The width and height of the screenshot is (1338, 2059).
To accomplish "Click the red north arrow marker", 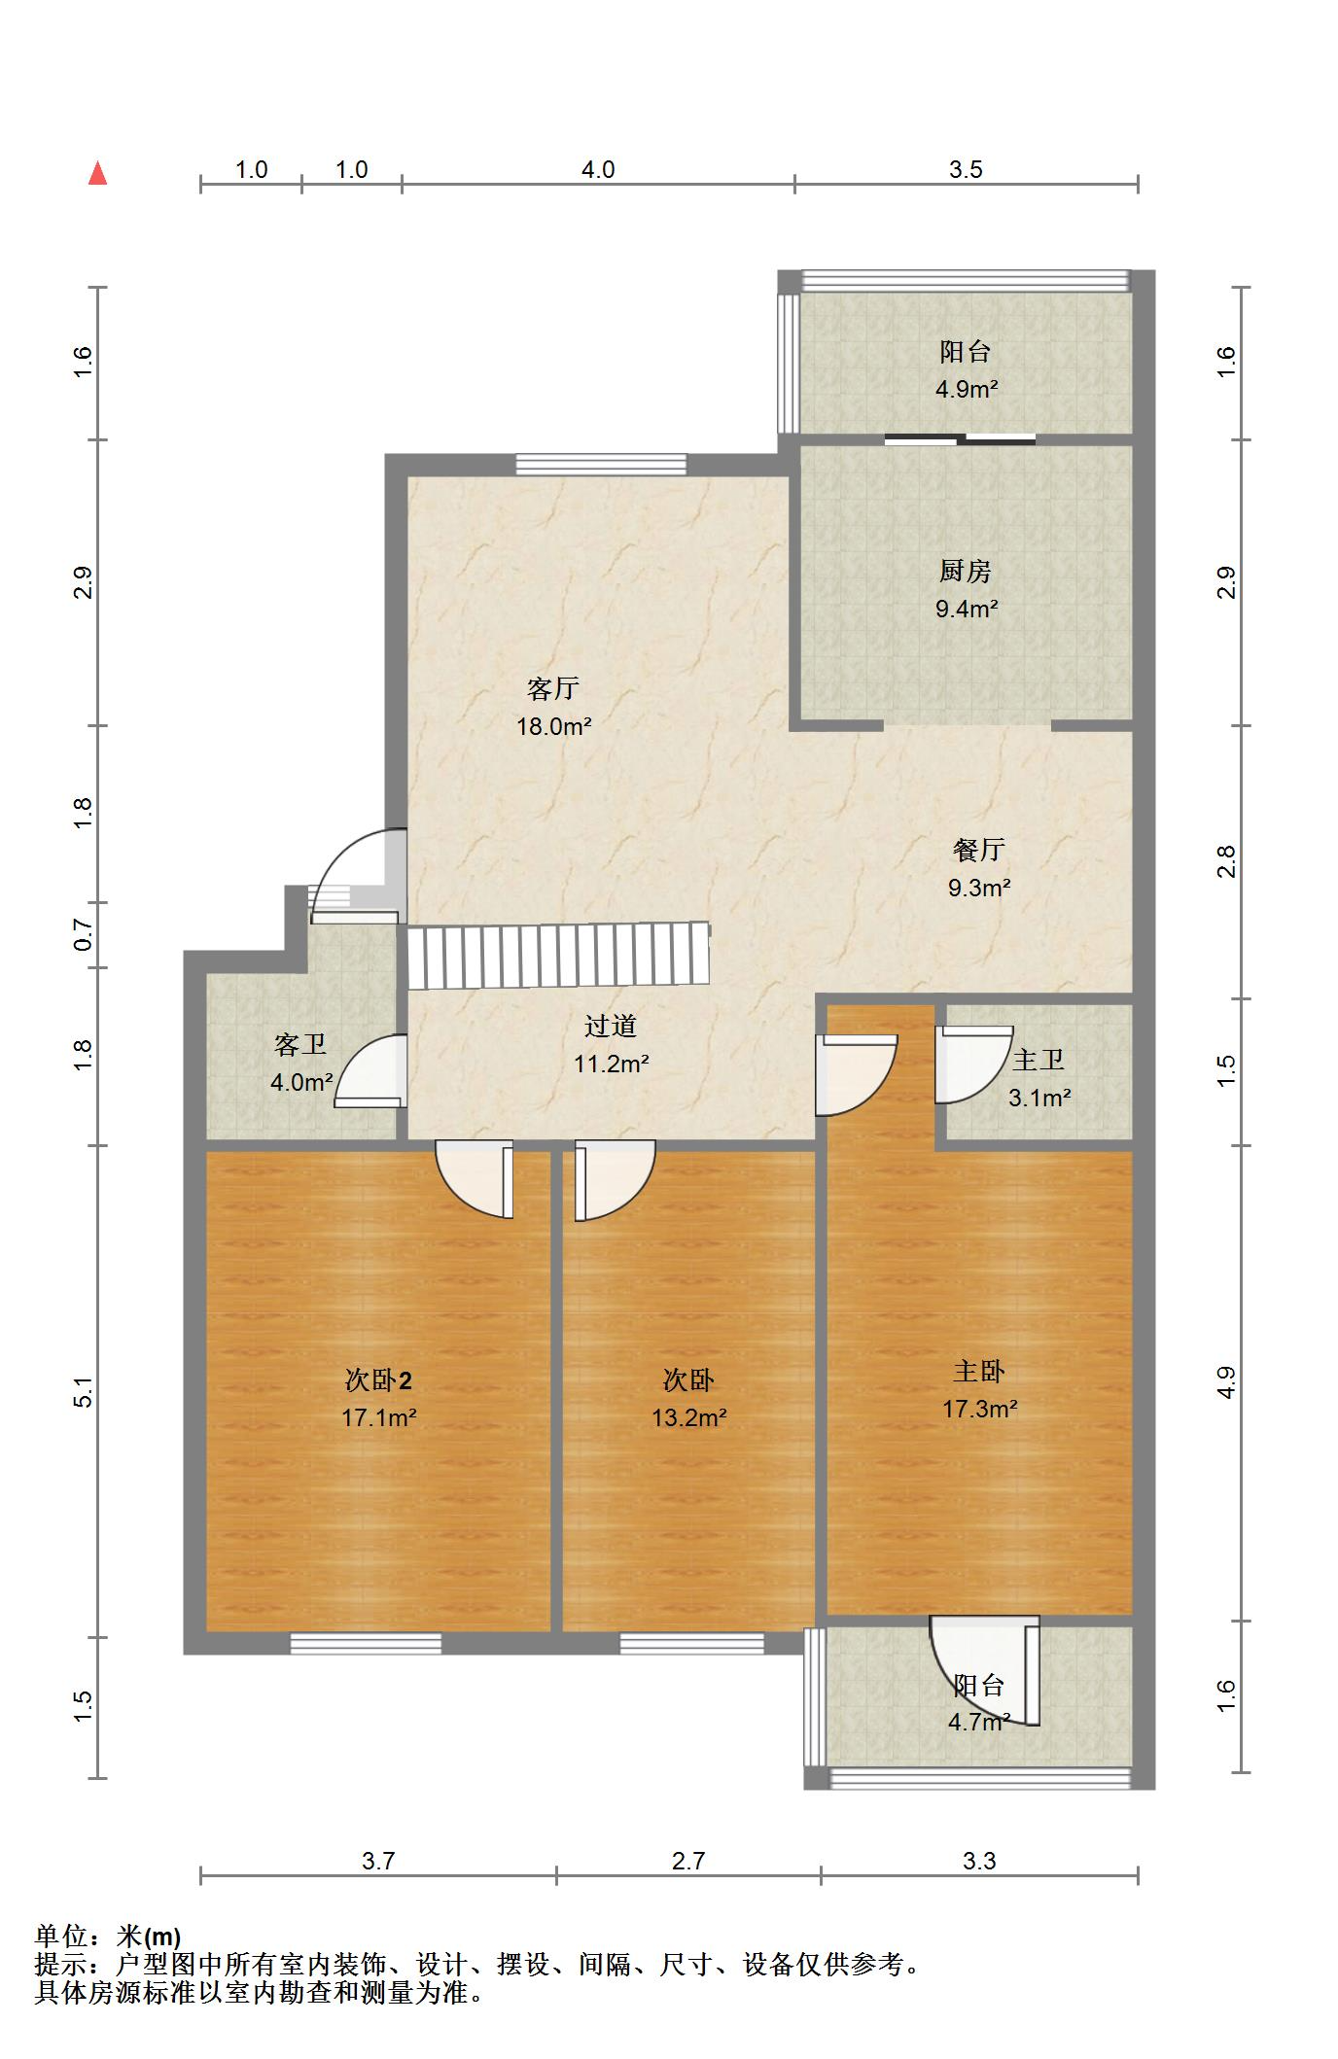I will click(97, 174).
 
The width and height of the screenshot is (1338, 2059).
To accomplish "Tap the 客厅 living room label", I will click(553, 689).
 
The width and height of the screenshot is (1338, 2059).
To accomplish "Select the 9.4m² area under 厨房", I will click(967, 610).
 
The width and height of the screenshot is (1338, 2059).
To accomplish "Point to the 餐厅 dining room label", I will click(978, 850).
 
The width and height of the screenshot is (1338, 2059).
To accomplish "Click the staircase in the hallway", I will click(558, 956).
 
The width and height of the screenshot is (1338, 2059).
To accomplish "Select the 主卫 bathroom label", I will click(1038, 1060).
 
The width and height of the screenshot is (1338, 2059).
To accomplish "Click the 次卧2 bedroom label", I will click(378, 1379).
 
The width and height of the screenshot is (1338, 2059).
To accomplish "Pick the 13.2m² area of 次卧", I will click(688, 1417).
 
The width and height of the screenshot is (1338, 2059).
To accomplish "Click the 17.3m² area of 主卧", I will click(979, 1409).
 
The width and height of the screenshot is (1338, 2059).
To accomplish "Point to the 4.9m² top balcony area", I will click(967, 390).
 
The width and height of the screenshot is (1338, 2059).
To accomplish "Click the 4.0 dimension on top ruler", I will click(598, 169).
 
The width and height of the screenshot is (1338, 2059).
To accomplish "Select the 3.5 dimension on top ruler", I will click(966, 169).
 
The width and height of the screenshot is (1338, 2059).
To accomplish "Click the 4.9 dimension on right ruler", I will click(1226, 1382).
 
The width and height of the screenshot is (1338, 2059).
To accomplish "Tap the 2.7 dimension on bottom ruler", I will click(688, 1861).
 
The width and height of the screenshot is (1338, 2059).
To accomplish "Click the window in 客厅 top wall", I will click(601, 465).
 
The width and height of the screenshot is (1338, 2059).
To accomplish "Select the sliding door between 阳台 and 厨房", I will click(960, 439).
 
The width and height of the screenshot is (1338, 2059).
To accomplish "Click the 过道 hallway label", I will click(611, 1026).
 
